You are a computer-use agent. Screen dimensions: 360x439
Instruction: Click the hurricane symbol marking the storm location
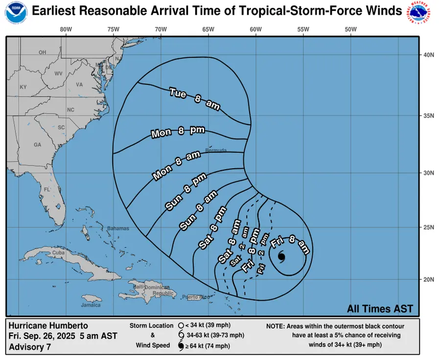click(281, 257)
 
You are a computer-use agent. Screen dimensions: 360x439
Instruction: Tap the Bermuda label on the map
click(216, 150)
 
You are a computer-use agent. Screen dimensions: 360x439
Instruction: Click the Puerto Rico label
click(195, 297)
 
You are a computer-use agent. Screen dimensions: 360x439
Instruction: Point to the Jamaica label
click(91, 305)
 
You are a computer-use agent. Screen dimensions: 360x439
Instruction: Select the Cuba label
click(58, 252)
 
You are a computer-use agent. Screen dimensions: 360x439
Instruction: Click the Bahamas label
click(118, 228)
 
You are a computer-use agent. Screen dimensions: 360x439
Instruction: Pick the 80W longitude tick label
click(66, 29)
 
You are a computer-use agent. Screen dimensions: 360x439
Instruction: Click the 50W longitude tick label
click(350, 29)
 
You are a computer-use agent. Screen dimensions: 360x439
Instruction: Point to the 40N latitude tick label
click(429, 55)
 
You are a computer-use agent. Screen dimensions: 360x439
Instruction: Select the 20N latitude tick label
click(429, 279)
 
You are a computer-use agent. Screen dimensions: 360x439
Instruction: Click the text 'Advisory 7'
click(30, 347)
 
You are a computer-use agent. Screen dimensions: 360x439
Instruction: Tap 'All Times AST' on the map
click(380, 309)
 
